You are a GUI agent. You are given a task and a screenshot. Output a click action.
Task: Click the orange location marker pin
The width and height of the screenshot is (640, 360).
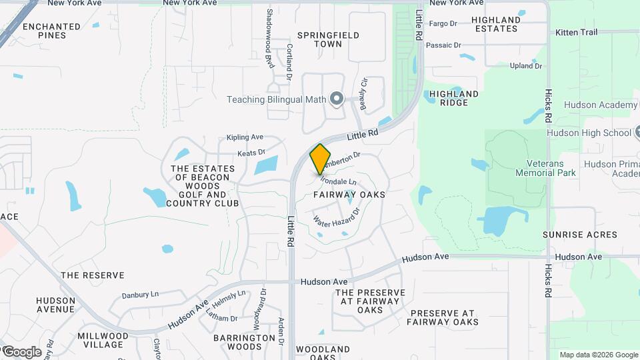pyautogui.click(x=320, y=159)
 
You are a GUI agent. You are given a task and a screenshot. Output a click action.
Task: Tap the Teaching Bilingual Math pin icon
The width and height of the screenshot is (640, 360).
pyautogui.click(x=337, y=100)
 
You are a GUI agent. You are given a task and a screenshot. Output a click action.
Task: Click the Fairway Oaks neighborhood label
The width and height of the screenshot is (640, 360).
pyautogui.click(x=349, y=195)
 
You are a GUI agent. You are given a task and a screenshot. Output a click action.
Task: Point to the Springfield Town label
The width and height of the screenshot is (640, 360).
pyautogui.click(x=328, y=39)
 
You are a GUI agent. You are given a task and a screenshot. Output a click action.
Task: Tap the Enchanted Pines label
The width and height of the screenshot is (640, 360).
pyautogui.click(x=51, y=31)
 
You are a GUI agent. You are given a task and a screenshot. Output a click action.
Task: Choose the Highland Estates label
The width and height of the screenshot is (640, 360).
pyautogui.click(x=496, y=24)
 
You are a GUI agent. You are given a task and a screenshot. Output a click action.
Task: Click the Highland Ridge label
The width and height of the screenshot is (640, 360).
pyautogui.click(x=454, y=98)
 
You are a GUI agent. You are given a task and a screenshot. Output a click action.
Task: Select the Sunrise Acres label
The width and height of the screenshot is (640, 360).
pyautogui.click(x=579, y=235)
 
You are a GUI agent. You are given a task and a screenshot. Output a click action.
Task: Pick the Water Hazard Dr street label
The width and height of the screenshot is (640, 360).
pyautogui.click(x=336, y=215)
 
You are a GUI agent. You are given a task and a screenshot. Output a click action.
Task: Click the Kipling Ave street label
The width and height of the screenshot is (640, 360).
pyautogui.click(x=245, y=137)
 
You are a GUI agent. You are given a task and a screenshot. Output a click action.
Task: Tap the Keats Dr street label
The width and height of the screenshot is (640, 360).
pyautogui.click(x=251, y=153)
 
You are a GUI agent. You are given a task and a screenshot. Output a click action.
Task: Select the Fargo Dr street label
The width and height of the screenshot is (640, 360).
pyautogui.click(x=443, y=23)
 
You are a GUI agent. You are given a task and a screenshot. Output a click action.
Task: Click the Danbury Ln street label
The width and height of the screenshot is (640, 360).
pyautogui.click(x=140, y=294)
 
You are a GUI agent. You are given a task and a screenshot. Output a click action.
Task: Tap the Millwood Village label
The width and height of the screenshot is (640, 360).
pyautogui.click(x=103, y=340)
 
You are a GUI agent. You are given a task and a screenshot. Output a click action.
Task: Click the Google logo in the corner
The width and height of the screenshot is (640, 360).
pyautogui.click(x=21, y=351)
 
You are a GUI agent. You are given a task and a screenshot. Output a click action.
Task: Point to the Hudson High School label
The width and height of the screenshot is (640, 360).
pyautogui.click(x=588, y=133)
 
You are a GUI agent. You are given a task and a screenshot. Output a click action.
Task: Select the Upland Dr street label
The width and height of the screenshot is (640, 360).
pyautogui.click(x=526, y=65)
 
